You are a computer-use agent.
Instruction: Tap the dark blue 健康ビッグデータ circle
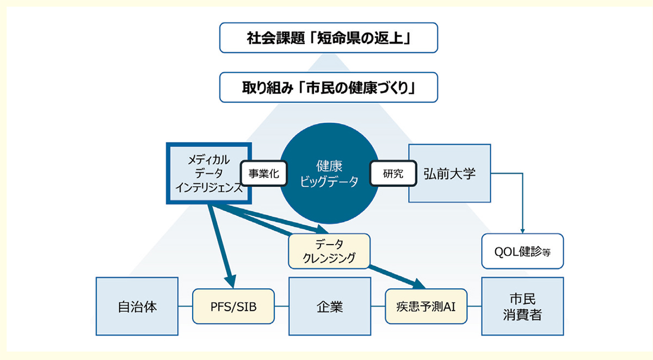329,174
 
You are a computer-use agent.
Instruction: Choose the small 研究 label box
393,174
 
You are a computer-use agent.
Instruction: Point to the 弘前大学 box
449,174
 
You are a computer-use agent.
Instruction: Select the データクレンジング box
329,251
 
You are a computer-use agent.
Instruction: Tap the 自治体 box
137,306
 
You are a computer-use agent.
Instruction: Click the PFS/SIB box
233,306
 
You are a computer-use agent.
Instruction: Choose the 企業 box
329,306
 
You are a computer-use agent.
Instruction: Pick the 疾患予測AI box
426,306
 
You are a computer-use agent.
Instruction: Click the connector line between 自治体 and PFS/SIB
186,306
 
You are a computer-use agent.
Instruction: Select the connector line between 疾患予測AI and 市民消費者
474,306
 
